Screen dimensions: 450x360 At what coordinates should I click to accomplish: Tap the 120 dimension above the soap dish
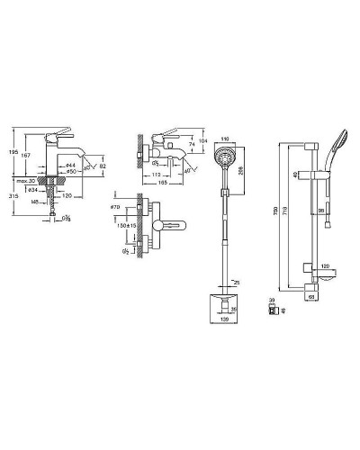[325, 267]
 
